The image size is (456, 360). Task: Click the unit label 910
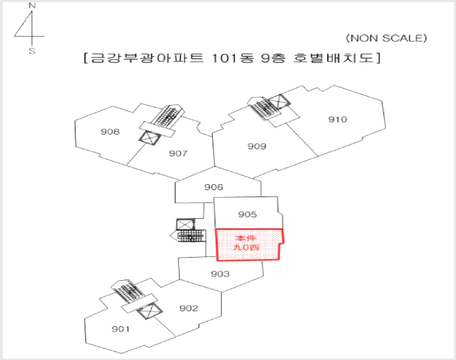337,119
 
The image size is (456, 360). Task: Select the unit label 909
257,146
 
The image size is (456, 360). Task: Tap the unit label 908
110,132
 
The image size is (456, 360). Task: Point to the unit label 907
179,153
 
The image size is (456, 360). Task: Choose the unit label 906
214,187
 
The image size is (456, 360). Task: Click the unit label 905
247,214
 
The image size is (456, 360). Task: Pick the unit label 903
220,273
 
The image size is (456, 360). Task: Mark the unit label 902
189,308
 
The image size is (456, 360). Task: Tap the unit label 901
121,329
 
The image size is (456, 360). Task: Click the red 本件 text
246,239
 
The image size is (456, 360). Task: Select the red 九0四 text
246,247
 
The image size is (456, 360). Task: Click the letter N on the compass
32,5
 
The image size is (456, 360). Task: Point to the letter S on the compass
32,51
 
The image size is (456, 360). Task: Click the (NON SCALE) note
386,38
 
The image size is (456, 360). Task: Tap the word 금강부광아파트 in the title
147,58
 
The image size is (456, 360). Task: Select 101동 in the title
232,58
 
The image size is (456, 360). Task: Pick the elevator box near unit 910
279,102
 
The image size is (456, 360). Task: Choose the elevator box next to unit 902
149,311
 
